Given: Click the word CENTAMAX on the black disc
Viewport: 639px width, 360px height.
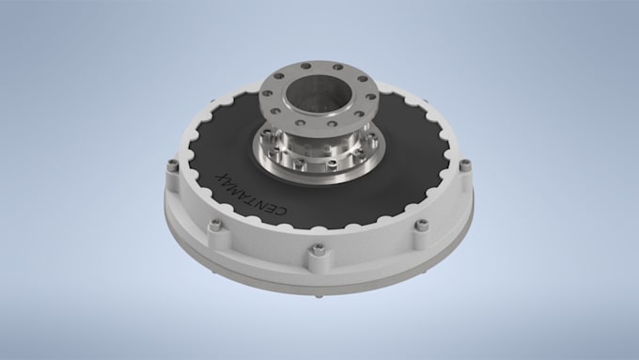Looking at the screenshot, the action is pyautogui.click(x=252, y=194).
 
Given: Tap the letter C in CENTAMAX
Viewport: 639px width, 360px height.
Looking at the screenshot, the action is pyautogui.click(x=283, y=211).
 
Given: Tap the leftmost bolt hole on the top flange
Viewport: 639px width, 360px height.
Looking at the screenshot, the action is pyautogui.click(x=267, y=93).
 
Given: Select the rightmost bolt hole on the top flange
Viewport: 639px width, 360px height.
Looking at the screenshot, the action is pyautogui.click(x=371, y=97).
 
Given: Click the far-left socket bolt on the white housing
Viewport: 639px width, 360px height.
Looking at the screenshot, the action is pyautogui.click(x=172, y=164).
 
